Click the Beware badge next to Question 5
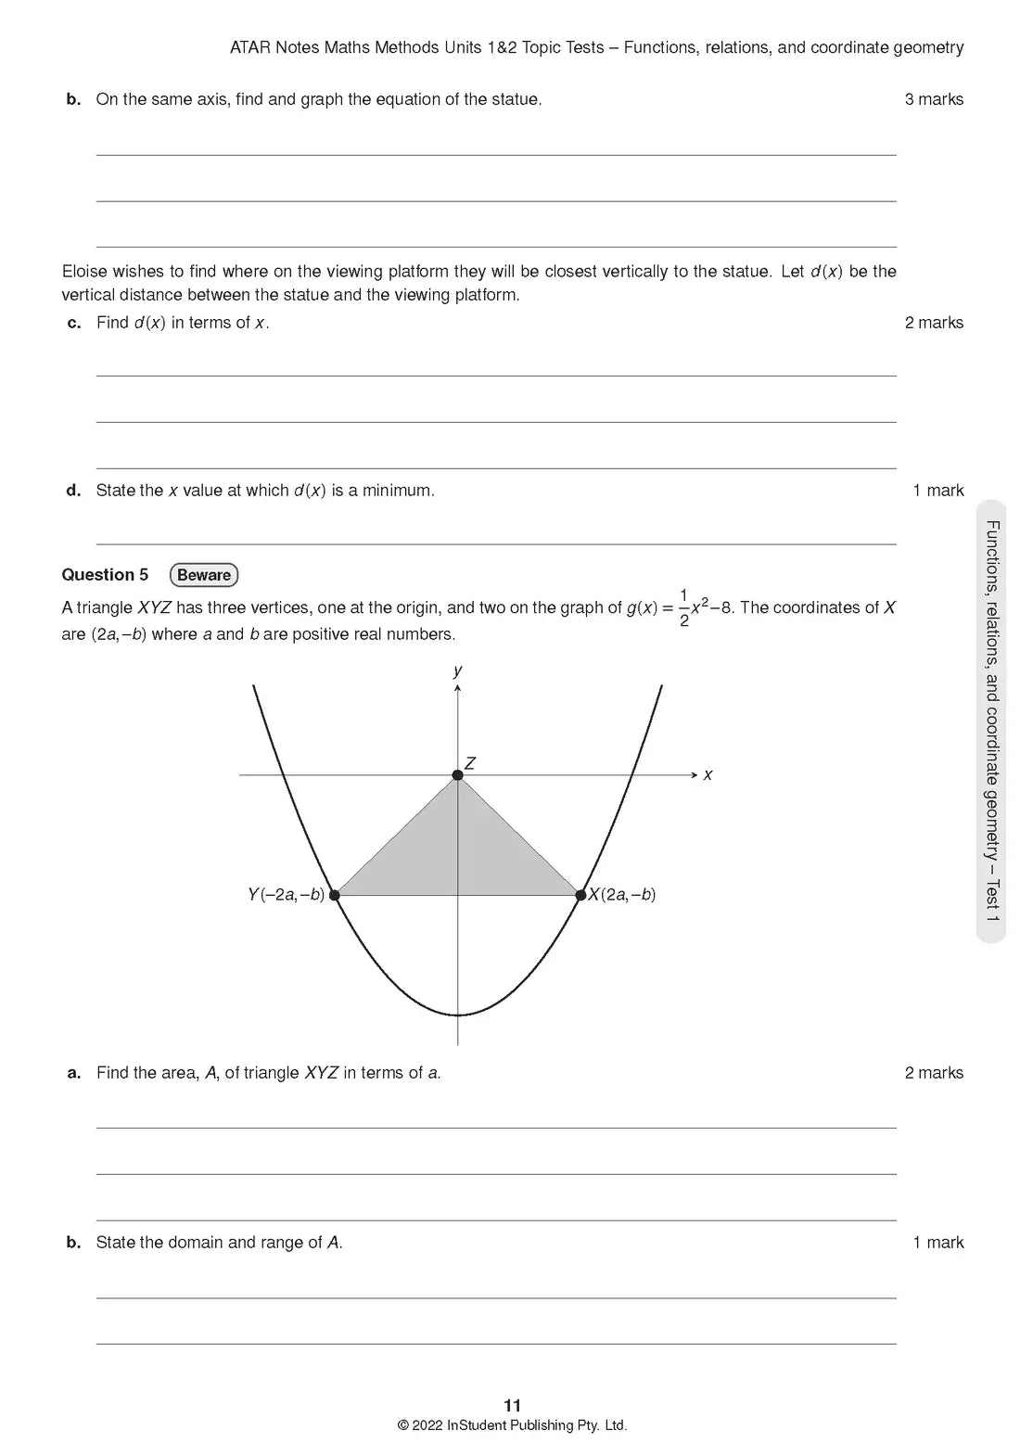[204, 575]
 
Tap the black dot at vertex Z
[457, 775]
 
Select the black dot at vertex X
[581, 895]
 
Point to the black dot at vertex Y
[335, 895]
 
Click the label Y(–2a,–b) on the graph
[286, 895]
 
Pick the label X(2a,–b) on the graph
[623, 895]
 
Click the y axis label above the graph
[458, 670]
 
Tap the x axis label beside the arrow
[708, 774]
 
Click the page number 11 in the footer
[512, 1406]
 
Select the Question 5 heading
[105, 575]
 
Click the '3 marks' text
[934, 99]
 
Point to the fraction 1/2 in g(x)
[684, 607]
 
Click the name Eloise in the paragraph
[85, 272]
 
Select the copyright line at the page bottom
[512, 1425]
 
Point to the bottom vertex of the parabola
[457, 1015]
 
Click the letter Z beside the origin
[470, 763]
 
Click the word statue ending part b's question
[516, 99]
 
